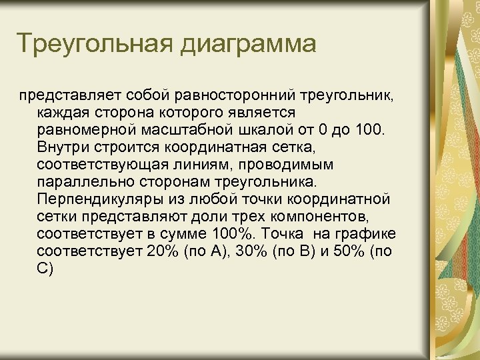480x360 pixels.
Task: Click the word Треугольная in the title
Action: [x=95, y=44]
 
